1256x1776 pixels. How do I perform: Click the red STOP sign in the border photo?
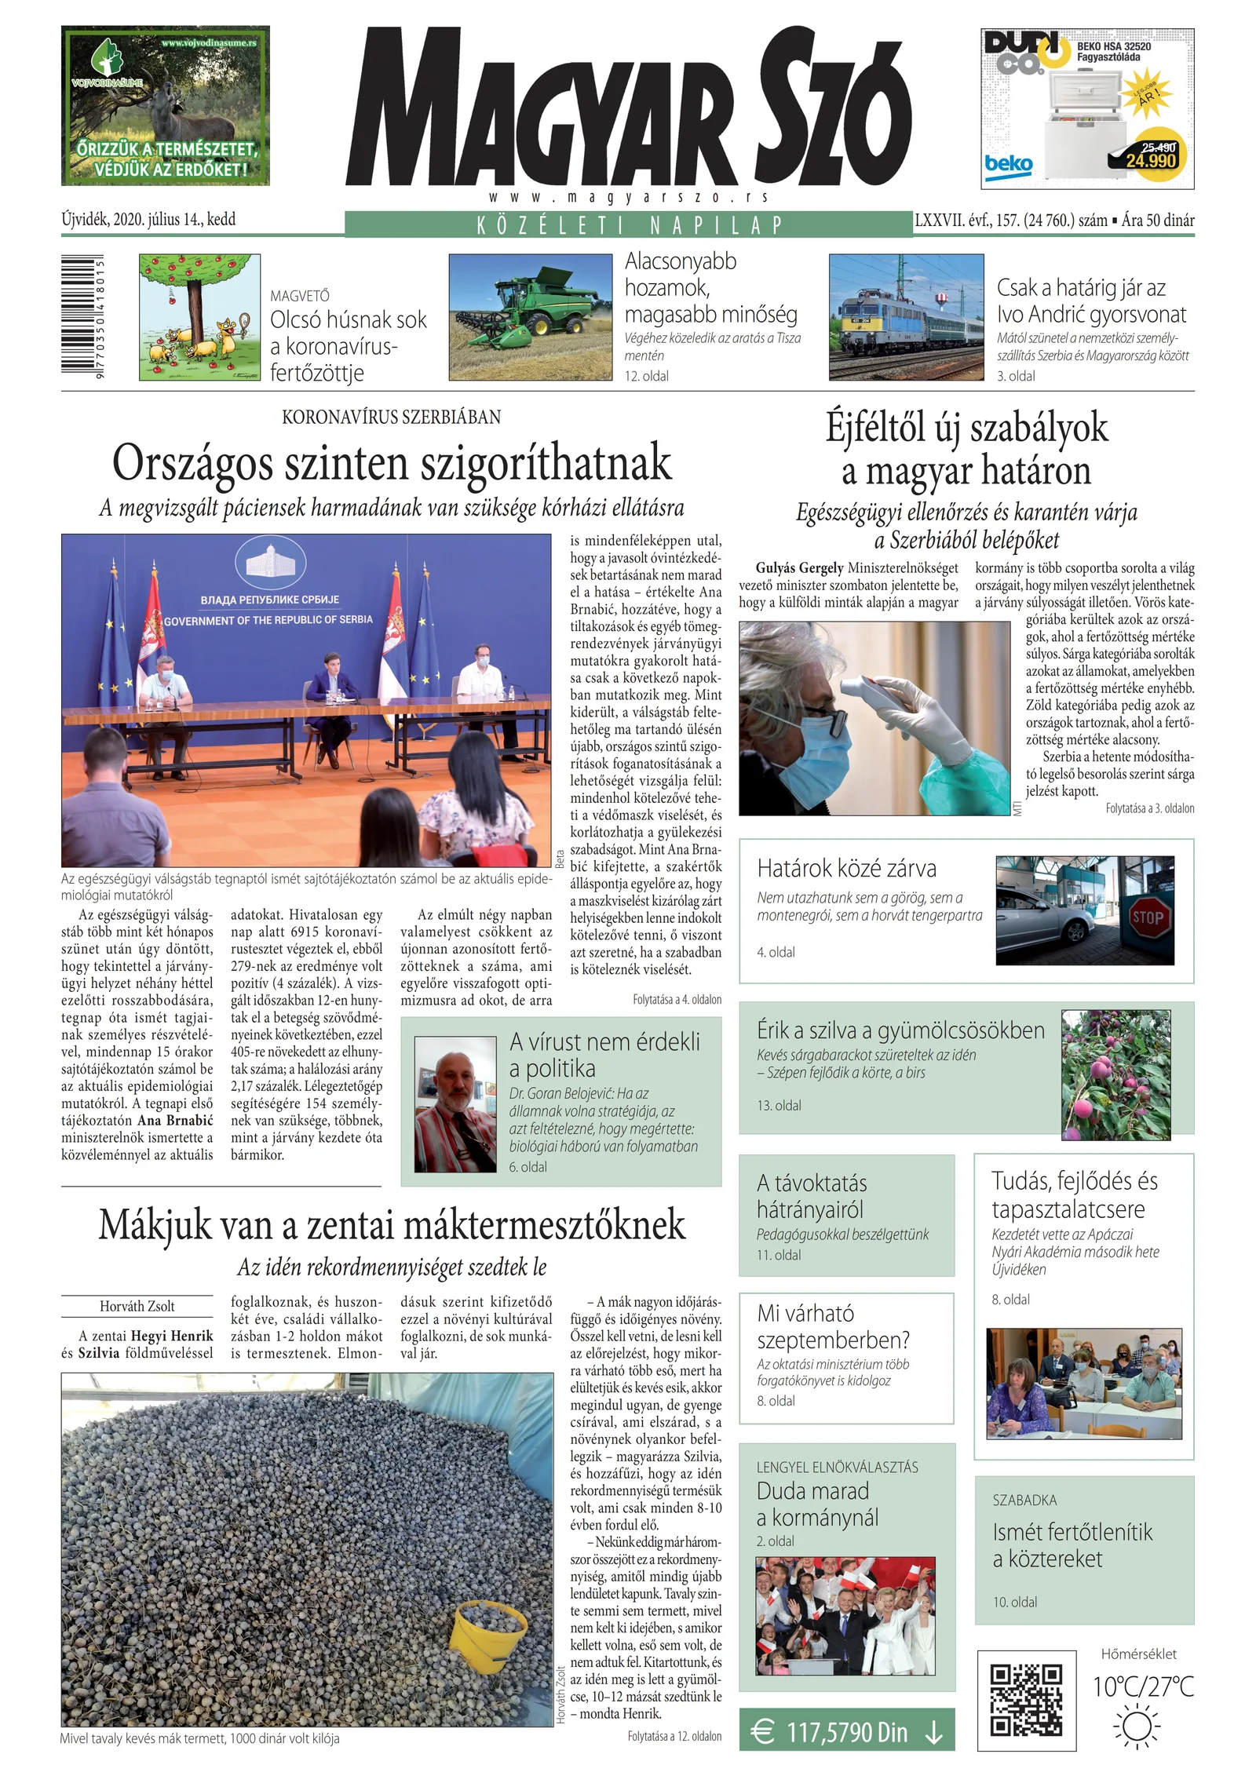coord(1147,917)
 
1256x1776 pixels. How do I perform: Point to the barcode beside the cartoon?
coord(84,317)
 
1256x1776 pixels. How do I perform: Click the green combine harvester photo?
coord(529,317)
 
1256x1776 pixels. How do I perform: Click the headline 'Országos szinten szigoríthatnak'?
coord(392,462)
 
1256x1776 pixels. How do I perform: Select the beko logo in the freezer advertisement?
coord(1009,165)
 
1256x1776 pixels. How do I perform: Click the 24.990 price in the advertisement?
coord(1151,160)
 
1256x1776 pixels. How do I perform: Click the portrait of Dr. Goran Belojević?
coord(455,1103)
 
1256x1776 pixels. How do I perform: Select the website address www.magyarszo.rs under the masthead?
coord(628,197)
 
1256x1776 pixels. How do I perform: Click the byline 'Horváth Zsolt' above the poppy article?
coord(137,1306)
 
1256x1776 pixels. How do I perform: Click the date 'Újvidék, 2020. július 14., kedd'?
coord(148,219)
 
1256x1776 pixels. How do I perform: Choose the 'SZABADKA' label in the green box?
coord(1024,1500)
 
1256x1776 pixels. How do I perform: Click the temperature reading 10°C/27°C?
coord(1143,1686)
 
